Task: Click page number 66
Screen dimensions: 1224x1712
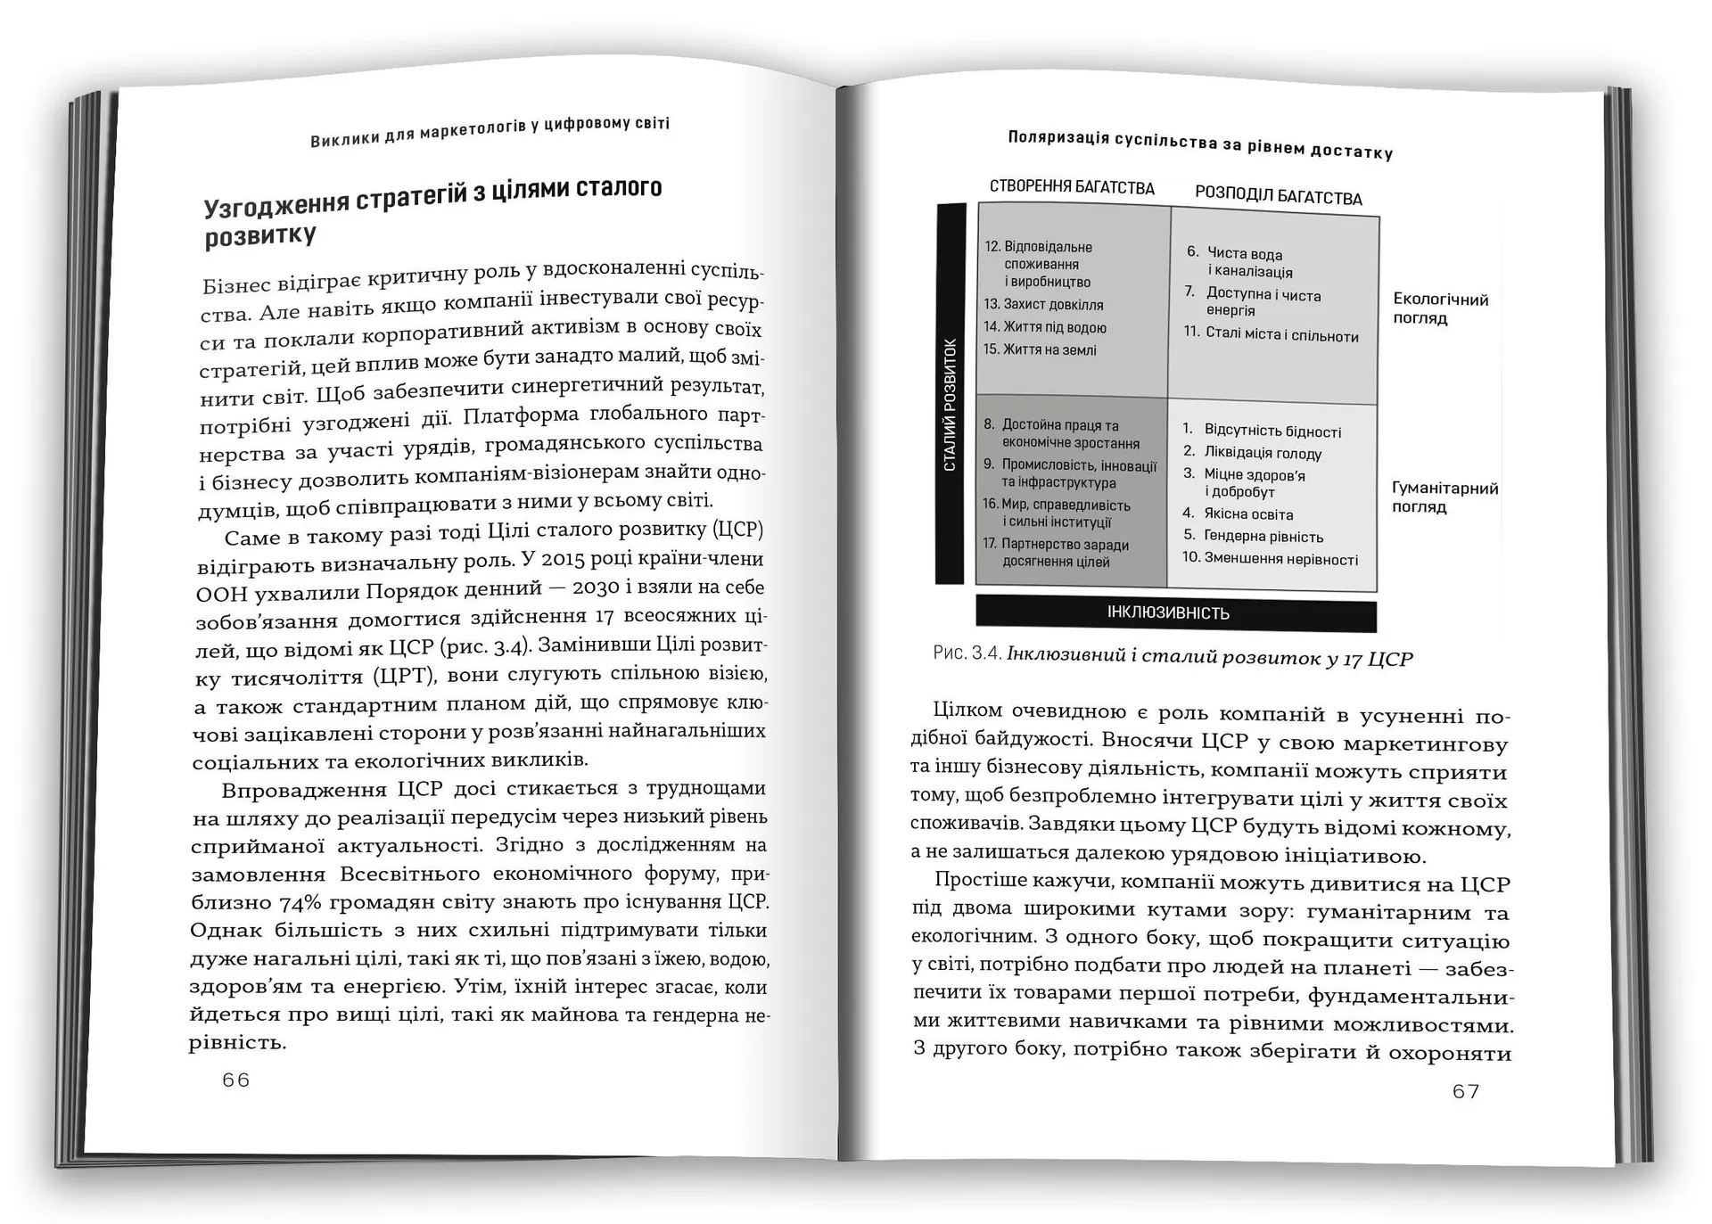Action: tap(236, 1080)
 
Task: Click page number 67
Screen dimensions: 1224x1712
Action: tap(1466, 1091)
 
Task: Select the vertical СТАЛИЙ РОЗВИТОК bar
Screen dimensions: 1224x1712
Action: tap(951, 394)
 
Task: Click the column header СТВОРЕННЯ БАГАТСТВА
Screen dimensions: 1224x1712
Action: tap(1072, 187)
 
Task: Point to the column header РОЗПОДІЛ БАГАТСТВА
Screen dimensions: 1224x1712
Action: tap(1278, 196)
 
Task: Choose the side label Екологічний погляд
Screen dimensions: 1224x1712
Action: tap(1440, 308)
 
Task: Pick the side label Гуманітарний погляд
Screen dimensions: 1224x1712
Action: tap(1444, 497)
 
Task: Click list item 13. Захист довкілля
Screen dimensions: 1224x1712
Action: tap(1043, 305)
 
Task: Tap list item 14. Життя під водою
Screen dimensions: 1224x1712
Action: tap(1045, 327)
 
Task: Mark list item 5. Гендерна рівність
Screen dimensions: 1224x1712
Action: tap(1254, 536)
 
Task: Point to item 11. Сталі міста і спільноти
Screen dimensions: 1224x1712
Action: tap(1272, 334)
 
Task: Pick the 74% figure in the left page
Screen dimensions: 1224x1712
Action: tap(300, 902)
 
